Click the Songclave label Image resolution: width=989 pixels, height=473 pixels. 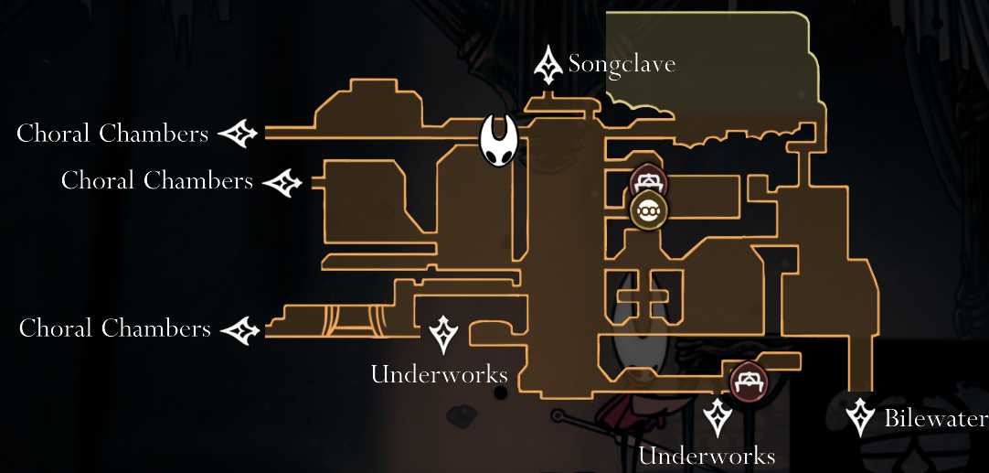point(622,64)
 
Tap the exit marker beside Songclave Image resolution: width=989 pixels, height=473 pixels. point(548,65)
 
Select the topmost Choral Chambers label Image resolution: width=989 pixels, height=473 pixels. point(112,134)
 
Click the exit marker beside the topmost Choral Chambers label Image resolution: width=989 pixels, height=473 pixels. point(239,134)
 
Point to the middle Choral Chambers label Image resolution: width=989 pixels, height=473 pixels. point(156,180)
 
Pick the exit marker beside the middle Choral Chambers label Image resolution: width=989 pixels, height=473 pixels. point(283,182)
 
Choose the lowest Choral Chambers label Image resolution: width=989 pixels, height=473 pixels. point(114,328)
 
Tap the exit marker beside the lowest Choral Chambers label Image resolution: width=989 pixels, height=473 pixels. point(241,329)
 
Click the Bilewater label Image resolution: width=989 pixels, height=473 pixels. point(935,419)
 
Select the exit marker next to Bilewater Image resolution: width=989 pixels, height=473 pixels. point(860,417)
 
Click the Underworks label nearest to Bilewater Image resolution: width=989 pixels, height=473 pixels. point(707,456)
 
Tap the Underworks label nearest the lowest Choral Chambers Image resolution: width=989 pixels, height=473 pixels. point(439,373)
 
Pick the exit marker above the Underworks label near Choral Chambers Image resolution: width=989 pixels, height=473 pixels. point(443,334)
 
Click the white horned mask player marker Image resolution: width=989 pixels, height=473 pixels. point(500,141)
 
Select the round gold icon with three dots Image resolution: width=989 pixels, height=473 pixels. point(649,210)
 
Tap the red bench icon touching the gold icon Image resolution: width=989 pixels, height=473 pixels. point(648,181)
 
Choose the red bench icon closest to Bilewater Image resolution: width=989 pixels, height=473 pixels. point(748,380)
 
